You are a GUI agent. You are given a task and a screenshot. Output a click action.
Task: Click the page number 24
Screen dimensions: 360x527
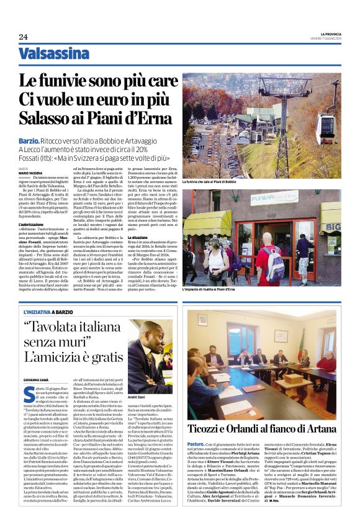[23, 37]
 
